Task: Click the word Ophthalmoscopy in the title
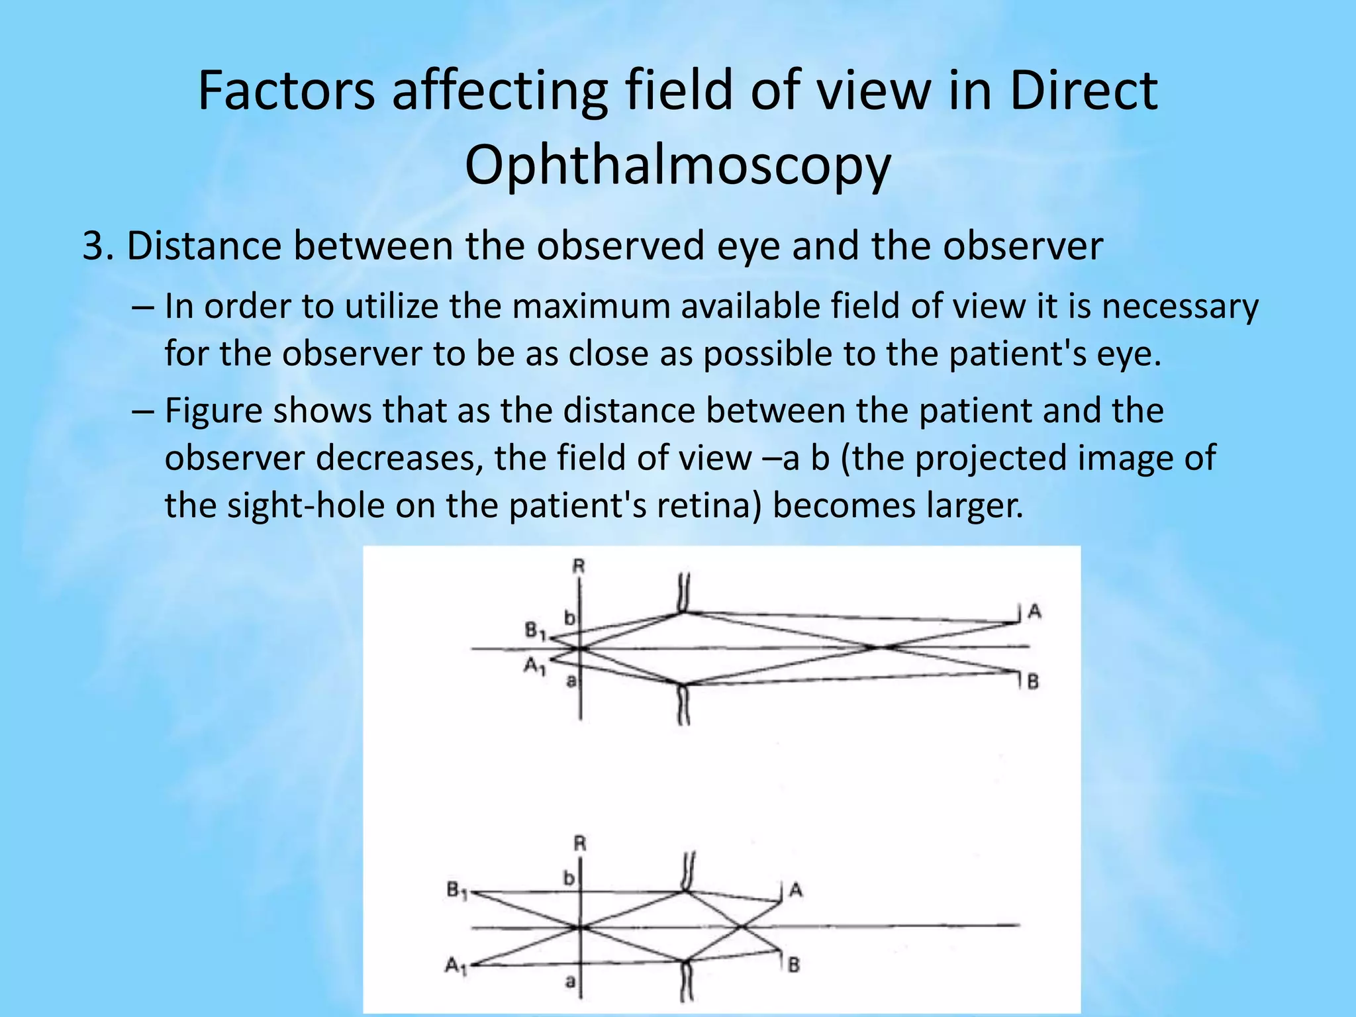tap(677, 166)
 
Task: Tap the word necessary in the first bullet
tap(1179, 307)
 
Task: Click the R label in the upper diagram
tap(579, 566)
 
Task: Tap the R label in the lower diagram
tap(580, 844)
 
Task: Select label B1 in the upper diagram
tap(535, 632)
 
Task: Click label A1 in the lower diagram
tap(456, 967)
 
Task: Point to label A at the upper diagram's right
tap(1034, 612)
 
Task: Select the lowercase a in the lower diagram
tap(570, 982)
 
